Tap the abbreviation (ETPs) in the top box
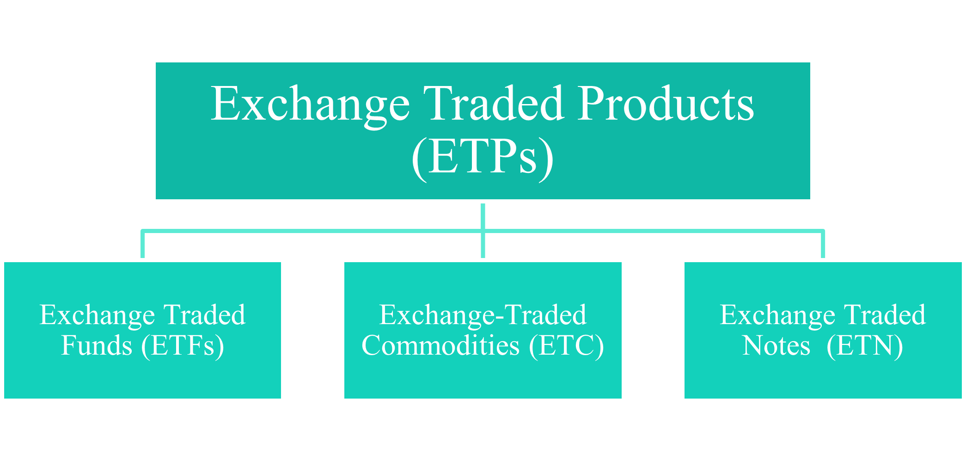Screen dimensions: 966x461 [483, 157]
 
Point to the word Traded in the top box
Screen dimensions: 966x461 [494, 104]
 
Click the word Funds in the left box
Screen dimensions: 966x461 [97, 345]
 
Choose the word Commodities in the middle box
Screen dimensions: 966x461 [440, 345]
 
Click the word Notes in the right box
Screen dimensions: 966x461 [776, 345]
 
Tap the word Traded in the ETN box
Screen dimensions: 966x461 [885, 315]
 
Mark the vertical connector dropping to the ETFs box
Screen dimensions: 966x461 [143, 244]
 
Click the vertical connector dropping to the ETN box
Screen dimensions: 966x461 [823, 244]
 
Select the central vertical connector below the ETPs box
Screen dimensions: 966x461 [483, 230]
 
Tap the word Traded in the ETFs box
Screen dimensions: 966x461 [205, 315]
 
